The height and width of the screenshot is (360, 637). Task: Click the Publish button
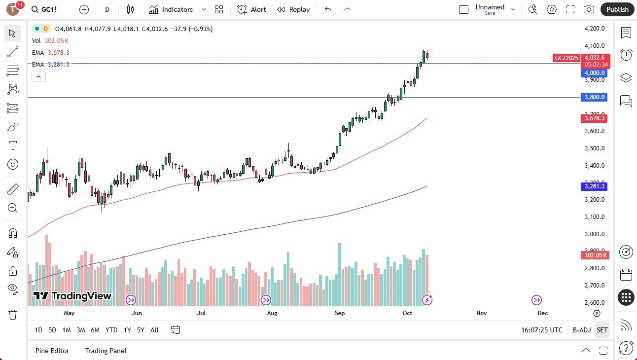pos(617,9)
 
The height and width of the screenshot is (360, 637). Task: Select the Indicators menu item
pos(171,9)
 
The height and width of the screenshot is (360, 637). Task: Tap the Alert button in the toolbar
pos(251,9)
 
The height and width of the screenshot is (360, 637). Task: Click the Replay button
pos(293,9)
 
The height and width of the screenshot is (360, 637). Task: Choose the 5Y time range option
pos(141,330)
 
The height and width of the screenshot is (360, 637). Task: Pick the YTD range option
pos(111,330)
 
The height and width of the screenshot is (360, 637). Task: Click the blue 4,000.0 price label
pos(594,73)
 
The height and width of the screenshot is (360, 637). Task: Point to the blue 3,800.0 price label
pos(594,97)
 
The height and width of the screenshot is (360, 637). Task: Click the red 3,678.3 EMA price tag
pos(594,118)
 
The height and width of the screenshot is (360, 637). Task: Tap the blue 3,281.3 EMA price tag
pos(594,186)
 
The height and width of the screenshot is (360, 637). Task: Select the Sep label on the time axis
pos(339,313)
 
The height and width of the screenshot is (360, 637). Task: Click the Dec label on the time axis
pos(542,313)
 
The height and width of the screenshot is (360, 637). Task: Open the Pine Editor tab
pos(52,351)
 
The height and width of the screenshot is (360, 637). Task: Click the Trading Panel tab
pos(106,351)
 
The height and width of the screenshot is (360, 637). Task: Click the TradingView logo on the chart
pos(72,296)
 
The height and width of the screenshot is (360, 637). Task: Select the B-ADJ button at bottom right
pos(582,330)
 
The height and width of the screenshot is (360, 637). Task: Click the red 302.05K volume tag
pos(595,255)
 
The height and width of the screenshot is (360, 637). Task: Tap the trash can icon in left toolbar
pos(13,315)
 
